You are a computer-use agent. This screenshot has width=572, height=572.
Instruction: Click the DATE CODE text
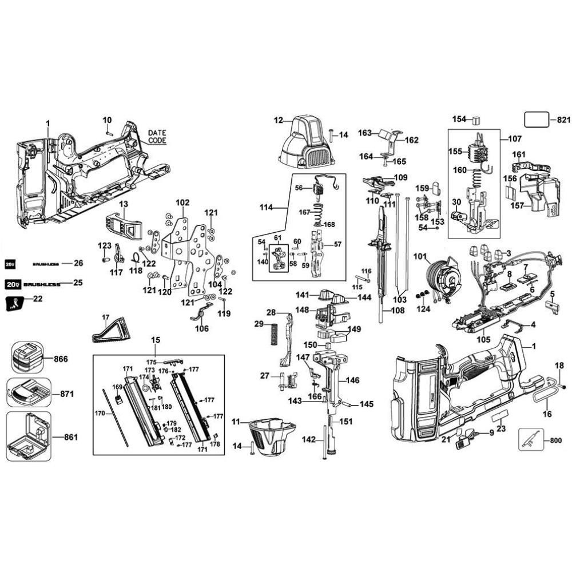156,136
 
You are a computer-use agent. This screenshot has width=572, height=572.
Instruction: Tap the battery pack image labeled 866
26,359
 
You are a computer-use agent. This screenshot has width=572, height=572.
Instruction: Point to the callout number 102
182,202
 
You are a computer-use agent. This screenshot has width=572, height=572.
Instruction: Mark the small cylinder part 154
475,120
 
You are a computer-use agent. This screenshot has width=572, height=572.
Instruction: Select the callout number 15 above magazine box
156,340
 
